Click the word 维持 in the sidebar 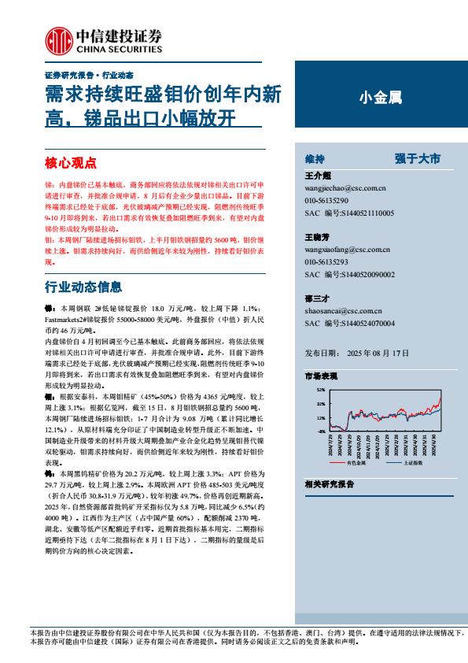point(315,158)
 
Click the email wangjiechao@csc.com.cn point(345,189)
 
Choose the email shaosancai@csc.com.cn point(341,310)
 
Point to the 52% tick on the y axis point(320,390)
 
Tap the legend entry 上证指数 point(414,463)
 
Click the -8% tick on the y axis point(320,432)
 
